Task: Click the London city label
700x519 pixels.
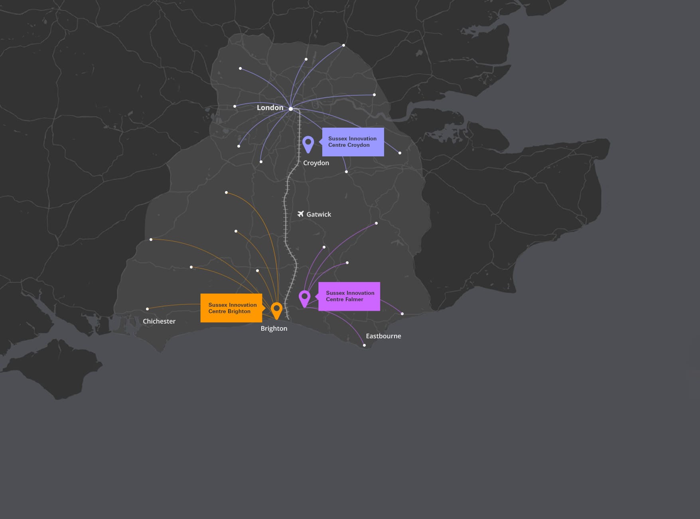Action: tap(270, 108)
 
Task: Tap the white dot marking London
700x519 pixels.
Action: tap(291, 109)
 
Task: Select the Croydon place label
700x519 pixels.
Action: tap(316, 163)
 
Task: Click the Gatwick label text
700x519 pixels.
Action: tap(319, 214)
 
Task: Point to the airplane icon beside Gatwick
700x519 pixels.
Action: tap(301, 214)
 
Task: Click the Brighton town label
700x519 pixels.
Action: tap(274, 328)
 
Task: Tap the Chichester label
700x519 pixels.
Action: tap(159, 321)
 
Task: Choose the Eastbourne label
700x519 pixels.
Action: tap(383, 336)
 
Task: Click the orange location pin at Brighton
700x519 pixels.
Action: tap(276, 310)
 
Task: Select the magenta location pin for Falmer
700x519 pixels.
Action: tap(305, 298)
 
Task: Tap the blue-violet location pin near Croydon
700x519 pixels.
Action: tap(308, 144)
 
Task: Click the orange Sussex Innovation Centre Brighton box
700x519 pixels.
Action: tap(231, 308)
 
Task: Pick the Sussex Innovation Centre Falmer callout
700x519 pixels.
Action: tap(349, 296)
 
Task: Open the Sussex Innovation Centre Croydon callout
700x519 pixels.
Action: tap(353, 142)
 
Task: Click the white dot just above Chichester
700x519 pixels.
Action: tap(148, 309)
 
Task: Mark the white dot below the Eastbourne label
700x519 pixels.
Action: tap(364, 345)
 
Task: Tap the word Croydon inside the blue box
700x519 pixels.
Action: tap(359, 145)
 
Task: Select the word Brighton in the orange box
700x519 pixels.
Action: tap(239, 312)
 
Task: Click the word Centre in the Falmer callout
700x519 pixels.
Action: tap(335, 300)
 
